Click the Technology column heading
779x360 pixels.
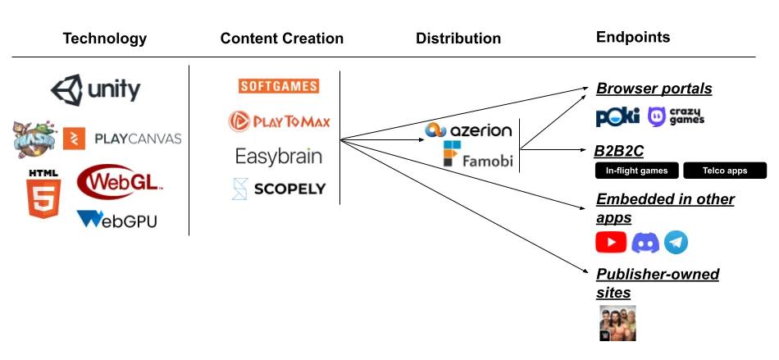tap(104, 39)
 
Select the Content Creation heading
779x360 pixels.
tap(282, 39)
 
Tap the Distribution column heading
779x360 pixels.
tap(458, 39)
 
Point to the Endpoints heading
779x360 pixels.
tap(633, 37)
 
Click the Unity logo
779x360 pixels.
tap(95, 90)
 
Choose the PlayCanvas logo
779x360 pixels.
tap(122, 139)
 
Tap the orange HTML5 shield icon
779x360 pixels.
tap(43, 198)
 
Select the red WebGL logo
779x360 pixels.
tap(120, 182)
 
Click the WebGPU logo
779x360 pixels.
tap(116, 219)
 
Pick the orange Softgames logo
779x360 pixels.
tap(279, 86)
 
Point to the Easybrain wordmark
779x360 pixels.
tap(279, 156)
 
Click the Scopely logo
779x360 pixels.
tap(279, 189)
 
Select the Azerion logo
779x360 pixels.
tap(468, 130)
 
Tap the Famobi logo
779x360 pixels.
tap(477, 154)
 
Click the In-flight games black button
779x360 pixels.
tap(637, 171)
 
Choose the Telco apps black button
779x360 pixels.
tap(725, 171)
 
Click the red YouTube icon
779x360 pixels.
tap(611, 242)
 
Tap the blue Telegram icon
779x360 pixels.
tap(676, 242)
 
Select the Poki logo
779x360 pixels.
tap(617, 117)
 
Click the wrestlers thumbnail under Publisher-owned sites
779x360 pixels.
tap(617, 323)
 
